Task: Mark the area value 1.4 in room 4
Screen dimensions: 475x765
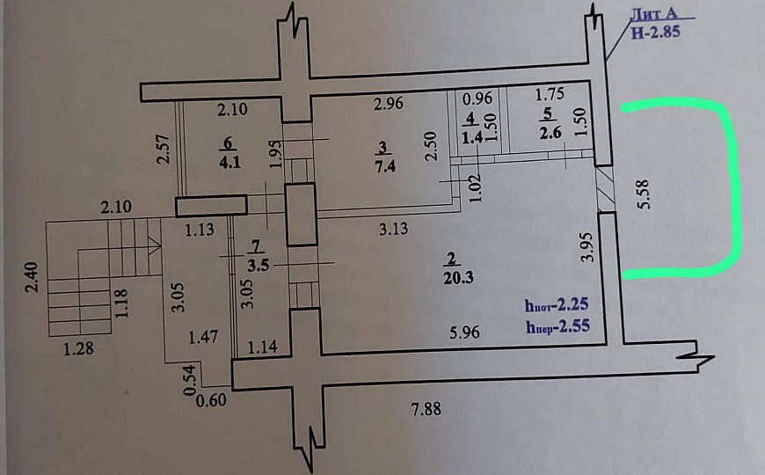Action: [x=471, y=135]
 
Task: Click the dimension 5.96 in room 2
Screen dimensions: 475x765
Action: [x=465, y=333]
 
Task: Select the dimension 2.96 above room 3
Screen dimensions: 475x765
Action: [x=388, y=105]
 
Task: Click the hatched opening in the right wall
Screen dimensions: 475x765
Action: [x=605, y=188]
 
